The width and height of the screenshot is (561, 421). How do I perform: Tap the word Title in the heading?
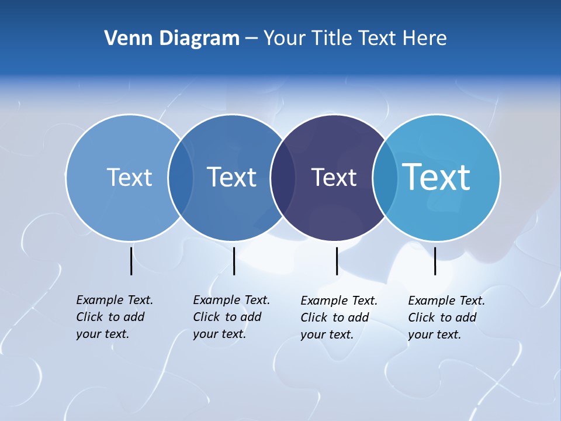(333, 39)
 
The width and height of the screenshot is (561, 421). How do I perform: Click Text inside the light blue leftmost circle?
(129, 177)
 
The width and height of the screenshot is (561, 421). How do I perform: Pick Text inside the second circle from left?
(232, 177)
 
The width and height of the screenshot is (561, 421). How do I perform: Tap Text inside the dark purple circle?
(334, 177)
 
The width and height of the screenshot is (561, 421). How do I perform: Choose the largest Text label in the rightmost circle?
(437, 177)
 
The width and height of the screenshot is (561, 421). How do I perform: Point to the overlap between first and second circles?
(181, 177)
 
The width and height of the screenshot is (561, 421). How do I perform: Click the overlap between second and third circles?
(282, 177)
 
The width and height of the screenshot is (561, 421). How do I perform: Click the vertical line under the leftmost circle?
(131, 261)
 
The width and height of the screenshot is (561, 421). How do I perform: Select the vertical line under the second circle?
(234, 261)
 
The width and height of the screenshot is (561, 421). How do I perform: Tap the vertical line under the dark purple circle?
(337, 261)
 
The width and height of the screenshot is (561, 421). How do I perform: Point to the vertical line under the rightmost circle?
(435, 261)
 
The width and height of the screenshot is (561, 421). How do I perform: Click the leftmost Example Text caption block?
(115, 317)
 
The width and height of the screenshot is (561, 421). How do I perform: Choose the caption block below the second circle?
(231, 317)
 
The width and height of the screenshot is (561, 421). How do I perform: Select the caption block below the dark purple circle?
(339, 318)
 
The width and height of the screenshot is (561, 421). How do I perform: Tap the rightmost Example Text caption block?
(446, 318)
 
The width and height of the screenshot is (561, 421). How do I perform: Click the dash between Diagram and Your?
(251, 39)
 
